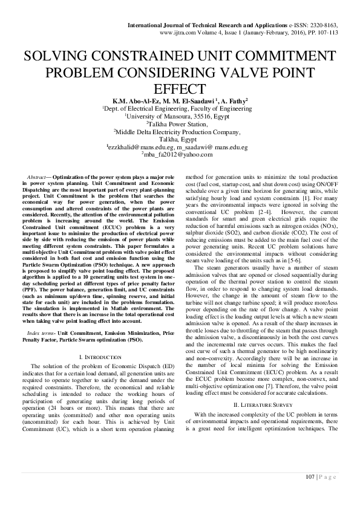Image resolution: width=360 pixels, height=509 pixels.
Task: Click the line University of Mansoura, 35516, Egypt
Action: pos(180,116)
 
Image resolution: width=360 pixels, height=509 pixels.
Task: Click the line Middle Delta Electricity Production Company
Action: pos(180,131)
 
